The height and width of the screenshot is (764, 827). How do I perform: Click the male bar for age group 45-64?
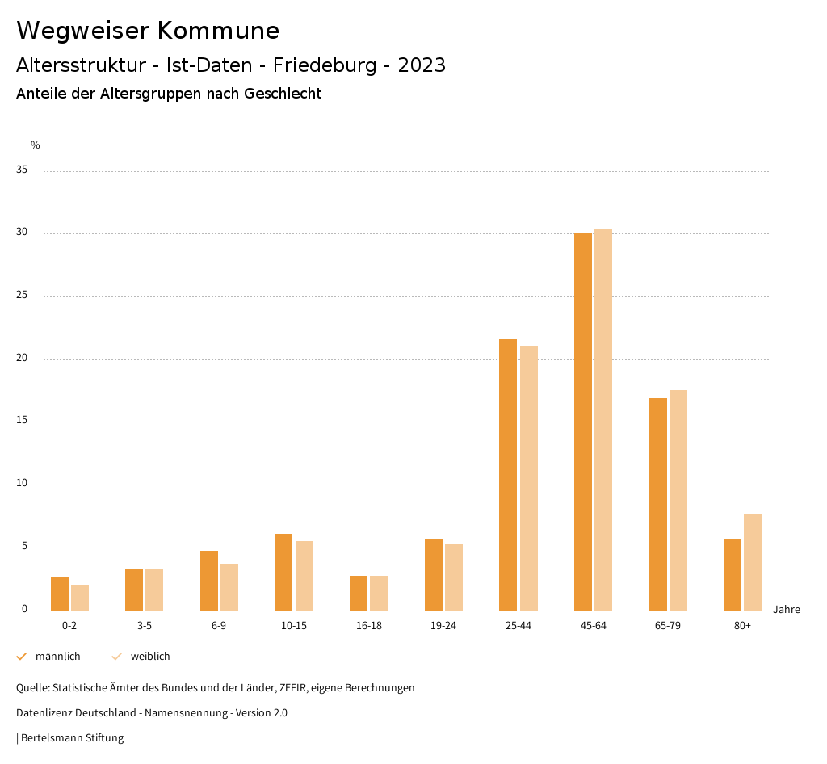pyautogui.click(x=582, y=422)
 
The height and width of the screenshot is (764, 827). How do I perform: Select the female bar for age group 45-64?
pyautogui.click(x=603, y=419)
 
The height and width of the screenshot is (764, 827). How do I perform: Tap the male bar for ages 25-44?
pyautogui.click(x=508, y=475)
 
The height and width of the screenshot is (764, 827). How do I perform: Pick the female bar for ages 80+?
pyautogui.click(x=753, y=562)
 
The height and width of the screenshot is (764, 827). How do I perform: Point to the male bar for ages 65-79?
pyautogui.click(x=657, y=504)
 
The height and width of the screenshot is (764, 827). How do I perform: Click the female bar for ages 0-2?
pyautogui.click(x=80, y=598)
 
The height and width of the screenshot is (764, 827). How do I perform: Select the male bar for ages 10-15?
pyautogui.click(x=283, y=572)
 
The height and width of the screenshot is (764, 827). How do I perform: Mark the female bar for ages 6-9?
pyautogui.click(x=229, y=587)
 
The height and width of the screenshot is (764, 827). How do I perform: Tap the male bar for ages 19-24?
pyautogui.click(x=433, y=574)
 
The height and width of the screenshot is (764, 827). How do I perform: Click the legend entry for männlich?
pyautogui.click(x=57, y=657)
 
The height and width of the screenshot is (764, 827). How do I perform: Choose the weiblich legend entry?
pyautogui.click(x=150, y=657)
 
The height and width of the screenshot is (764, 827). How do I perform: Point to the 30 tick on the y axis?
pyautogui.click(x=23, y=233)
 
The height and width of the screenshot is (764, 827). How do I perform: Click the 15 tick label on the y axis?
pyautogui.click(x=23, y=422)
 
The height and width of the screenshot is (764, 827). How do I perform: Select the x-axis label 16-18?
pyautogui.click(x=368, y=626)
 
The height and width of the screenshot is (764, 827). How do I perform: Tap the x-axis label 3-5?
pyautogui.click(x=144, y=626)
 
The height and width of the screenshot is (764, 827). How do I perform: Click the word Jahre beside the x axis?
pyautogui.click(x=786, y=610)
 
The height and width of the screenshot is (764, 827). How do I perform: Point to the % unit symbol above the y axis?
pyautogui.click(x=36, y=145)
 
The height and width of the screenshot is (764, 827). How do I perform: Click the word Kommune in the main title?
pyautogui.click(x=218, y=31)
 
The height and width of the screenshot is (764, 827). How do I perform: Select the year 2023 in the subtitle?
pyautogui.click(x=422, y=65)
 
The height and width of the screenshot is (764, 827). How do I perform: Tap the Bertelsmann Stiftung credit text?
pyautogui.click(x=72, y=737)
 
